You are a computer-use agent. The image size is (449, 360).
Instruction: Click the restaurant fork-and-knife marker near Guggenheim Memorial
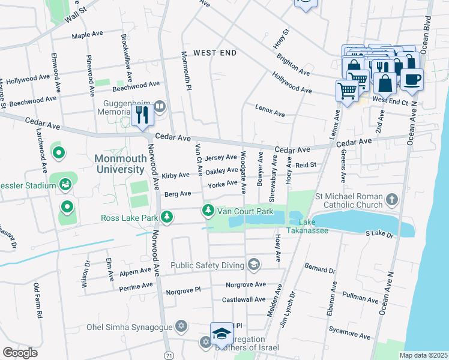(142, 113)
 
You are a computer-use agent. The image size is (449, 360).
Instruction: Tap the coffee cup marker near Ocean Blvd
(412, 80)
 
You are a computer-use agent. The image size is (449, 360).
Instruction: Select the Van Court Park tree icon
(208, 211)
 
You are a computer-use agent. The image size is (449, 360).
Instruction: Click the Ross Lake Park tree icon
(169, 217)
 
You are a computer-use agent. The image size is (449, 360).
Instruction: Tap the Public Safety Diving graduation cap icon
(254, 265)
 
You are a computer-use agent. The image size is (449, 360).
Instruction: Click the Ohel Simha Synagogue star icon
(181, 327)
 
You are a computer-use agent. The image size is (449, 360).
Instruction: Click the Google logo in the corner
(20, 352)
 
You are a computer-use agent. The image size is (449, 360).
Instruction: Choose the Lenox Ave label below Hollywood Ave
(270, 112)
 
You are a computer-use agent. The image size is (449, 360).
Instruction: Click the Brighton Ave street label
(293, 65)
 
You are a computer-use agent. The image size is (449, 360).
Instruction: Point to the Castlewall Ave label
(244, 299)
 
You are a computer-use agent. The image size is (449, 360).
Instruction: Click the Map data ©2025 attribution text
(423, 355)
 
